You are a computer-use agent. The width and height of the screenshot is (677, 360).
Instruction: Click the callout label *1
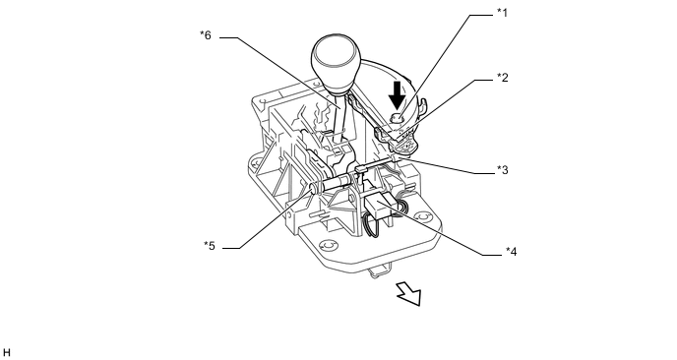pyautogui.click(x=502, y=13)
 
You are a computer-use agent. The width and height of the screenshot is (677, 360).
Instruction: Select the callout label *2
pyautogui.click(x=502, y=78)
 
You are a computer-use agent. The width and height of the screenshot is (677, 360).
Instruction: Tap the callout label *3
pyautogui.click(x=502, y=170)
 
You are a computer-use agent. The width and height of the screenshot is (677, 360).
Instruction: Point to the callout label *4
pyautogui.click(x=511, y=251)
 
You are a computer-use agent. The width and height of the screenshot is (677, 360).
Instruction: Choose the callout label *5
pyautogui.click(x=210, y=246)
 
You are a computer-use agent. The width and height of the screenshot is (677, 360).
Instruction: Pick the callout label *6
pyautogui.click(x=206, y=35)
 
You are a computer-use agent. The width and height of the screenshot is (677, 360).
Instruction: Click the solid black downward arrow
pyautogui.click(x=397, y=94)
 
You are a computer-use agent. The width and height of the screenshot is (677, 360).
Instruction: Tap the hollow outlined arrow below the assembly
pyautogui.click(x=409, y=294)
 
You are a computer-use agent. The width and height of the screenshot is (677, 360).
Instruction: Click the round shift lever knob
pyautogui.click(x=335, y=61)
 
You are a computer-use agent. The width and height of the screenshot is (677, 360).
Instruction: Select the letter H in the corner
pyautogui.click(x=6, y=353)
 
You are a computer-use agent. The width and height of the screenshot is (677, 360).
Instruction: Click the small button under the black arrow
pyautogui.click(x=397, y=117)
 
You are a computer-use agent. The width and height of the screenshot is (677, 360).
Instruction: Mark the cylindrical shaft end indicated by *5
pyautogui.click(x=315, y=188)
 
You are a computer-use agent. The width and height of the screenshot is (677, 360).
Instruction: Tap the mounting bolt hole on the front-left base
pyautogui.click(x=328, y=245)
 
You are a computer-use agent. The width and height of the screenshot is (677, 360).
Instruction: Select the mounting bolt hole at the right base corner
pyautogui.click(x=421, y=216)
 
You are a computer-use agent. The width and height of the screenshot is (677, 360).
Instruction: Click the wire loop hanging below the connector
pyautogui.click(x=370, y=226)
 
